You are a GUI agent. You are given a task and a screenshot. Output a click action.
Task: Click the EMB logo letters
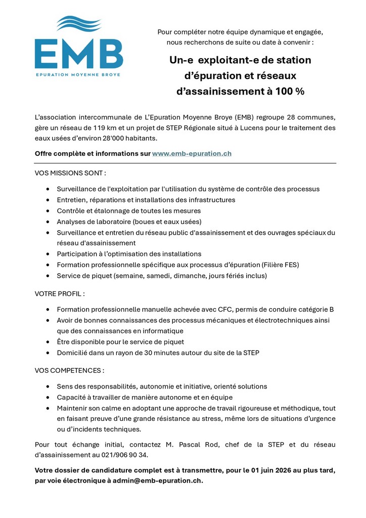79,53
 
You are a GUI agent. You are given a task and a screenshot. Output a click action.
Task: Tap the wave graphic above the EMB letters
79,23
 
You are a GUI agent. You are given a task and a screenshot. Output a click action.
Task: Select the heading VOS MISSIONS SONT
70,173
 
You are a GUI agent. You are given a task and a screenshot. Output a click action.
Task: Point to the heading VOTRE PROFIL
60,293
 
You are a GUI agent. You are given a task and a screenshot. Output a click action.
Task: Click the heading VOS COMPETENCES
69,370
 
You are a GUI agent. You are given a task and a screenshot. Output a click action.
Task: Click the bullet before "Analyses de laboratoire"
48,222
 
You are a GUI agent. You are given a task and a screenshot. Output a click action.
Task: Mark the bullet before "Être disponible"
48,342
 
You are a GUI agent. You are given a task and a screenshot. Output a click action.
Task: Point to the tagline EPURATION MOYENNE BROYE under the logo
79,74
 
